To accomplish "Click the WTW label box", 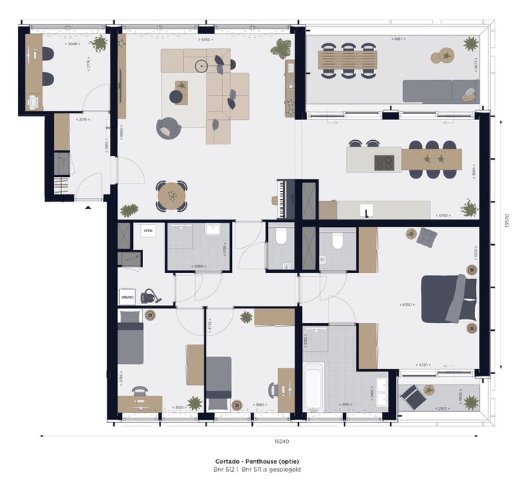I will pos(148,231).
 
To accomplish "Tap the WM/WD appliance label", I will pos(127,296).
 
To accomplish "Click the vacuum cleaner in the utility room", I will pos(149,295).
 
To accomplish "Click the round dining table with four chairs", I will pos(172,195).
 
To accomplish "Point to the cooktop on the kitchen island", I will pos(383,163).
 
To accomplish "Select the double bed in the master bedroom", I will pos(448,298).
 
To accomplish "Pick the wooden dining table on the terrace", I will pos(349,60).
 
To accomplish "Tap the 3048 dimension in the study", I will pos(71,44).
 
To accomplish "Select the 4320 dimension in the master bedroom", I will pos(425,365).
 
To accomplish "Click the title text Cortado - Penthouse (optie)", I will pos(257,461).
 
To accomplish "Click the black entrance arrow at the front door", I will pos(88,207).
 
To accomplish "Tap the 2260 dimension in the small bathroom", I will pos(198,267).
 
